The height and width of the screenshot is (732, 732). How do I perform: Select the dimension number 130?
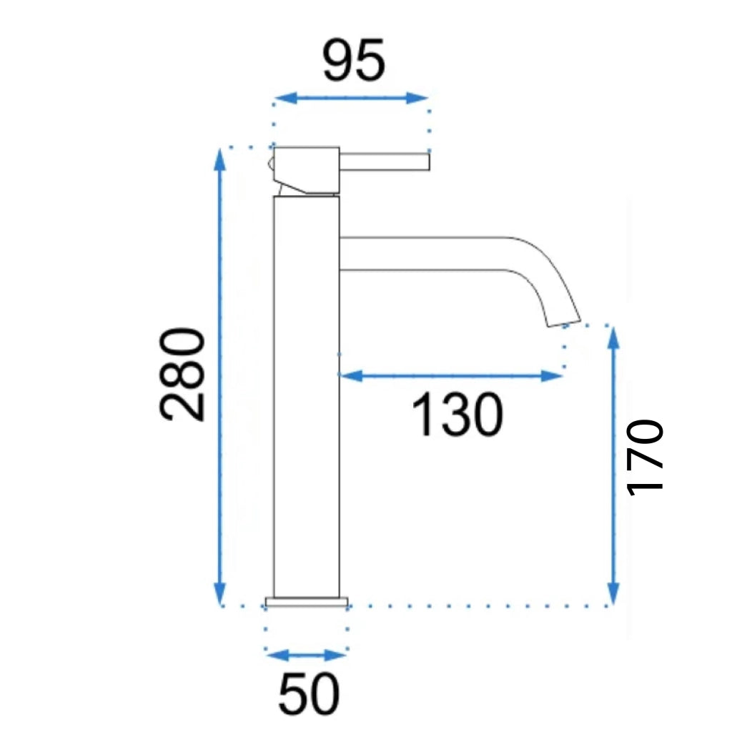tap(457, 416)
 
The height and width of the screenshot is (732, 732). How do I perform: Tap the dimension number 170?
tap(645, 457)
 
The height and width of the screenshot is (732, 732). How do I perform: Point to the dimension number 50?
tap(309, 695)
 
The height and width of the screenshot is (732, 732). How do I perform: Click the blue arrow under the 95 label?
tap(351, 99)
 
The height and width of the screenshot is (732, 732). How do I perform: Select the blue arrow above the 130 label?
tap(450, 375)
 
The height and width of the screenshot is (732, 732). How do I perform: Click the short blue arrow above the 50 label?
tap(306, 655)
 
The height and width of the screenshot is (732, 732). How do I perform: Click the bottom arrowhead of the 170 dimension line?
tap(613, 593)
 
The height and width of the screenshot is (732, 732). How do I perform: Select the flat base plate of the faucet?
tap(307, 602)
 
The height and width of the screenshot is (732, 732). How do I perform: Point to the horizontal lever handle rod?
tap(385, 162)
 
